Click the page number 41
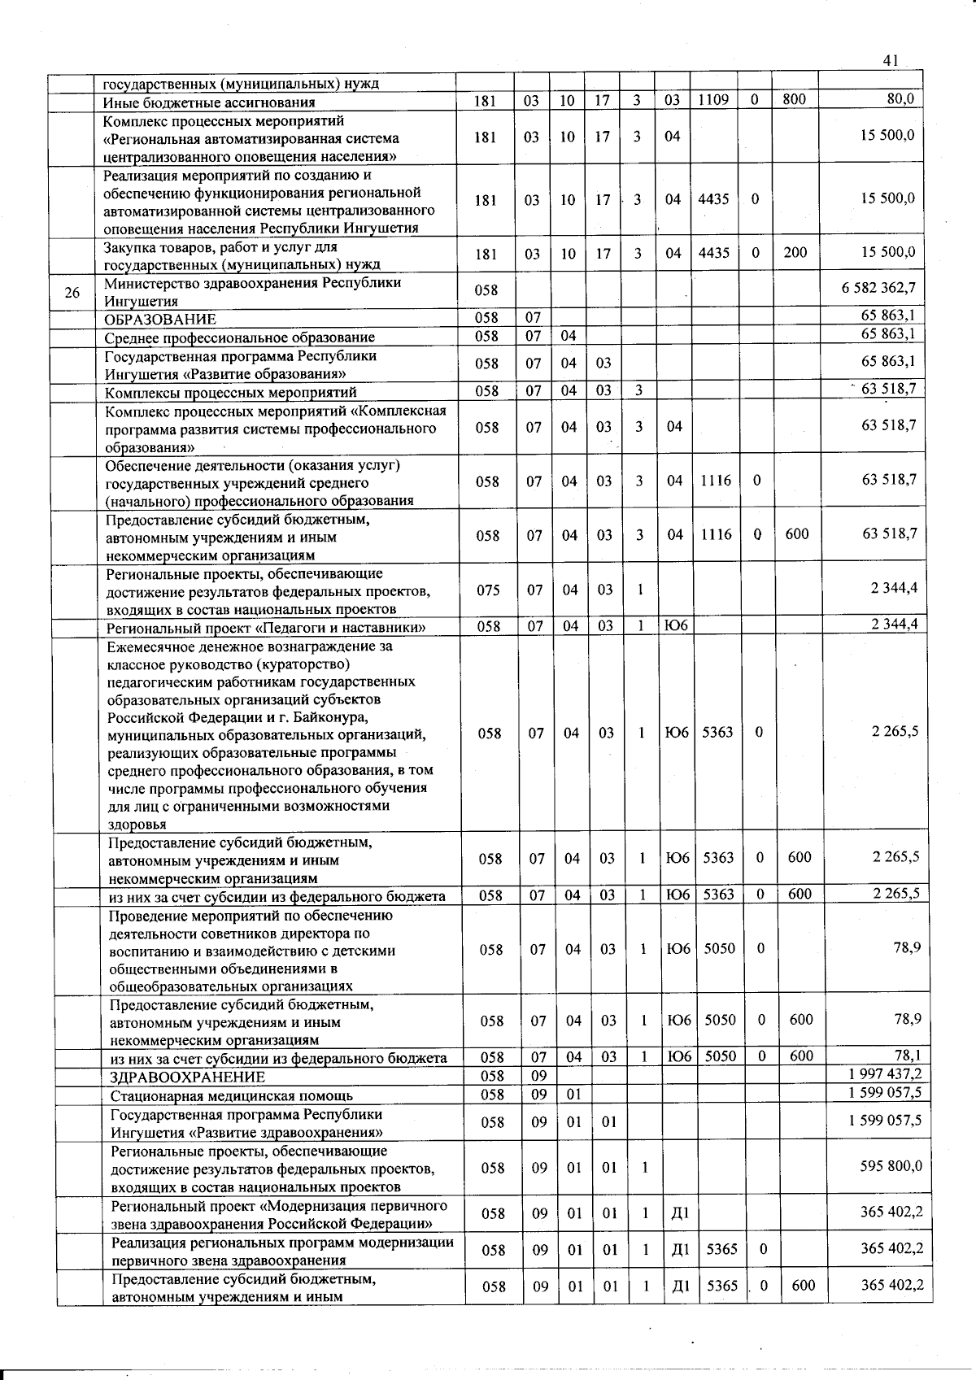point(890,60)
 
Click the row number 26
point(72,292)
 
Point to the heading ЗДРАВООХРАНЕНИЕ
point(187,1077)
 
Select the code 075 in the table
point(488,590)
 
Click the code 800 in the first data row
point(794,99)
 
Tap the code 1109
point(713,99)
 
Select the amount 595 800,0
point(891,1165)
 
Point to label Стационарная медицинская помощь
point(231,1095)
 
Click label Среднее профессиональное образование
point(239,337)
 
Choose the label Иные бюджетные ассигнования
point(208,102)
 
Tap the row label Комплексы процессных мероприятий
point(230,393)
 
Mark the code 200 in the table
point(795,252)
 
